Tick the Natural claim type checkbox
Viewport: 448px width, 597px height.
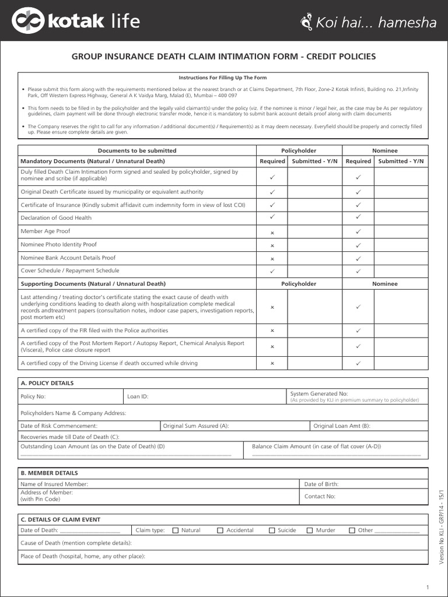pos(175,531)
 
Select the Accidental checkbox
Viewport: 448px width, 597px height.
pos(220,531)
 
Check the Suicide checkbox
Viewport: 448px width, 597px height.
pos(272,531)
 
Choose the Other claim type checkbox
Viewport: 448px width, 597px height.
pos(352,531)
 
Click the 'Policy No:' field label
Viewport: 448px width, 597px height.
pos(33,396)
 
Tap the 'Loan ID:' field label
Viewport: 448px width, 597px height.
pos(138,396)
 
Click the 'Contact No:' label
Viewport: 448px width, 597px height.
pos(320,496)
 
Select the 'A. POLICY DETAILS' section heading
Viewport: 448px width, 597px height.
pos(47,383)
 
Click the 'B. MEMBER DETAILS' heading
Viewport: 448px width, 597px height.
pos(49,473)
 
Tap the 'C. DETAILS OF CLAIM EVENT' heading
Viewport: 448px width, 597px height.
pos(60,519)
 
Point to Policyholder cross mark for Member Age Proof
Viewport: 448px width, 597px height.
pos(272,232)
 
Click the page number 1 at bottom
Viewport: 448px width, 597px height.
pos(428,587)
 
